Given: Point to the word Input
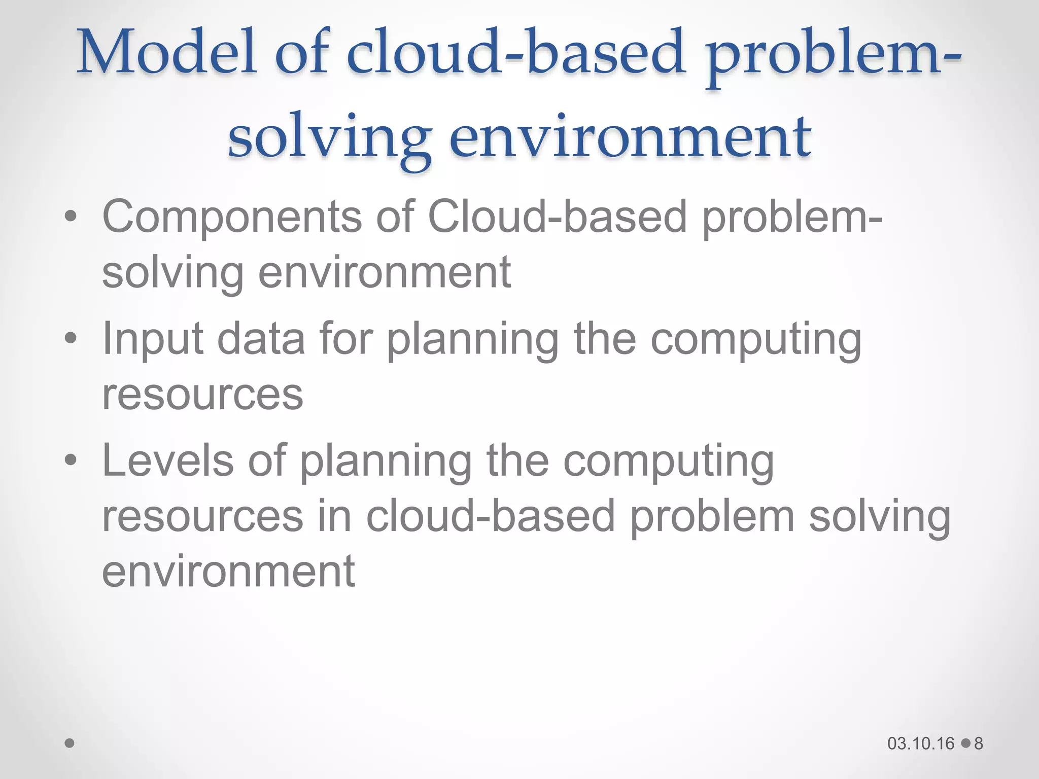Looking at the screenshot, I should [x=153, y=339].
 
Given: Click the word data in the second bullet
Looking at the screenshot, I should [x=261, y=339].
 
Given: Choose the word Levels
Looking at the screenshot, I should [x=168, y=461].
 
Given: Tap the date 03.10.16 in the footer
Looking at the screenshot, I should [x=921, y=743].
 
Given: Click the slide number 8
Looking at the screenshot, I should [x=979, y=743].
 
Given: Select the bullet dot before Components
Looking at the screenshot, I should [x=71, y=217].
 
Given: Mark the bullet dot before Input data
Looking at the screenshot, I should [x=71, y=338].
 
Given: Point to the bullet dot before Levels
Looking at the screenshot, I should [x=71, y=461].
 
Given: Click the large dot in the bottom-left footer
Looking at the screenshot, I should [x=70, y=743].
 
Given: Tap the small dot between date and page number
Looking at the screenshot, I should [x=965, y=743].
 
